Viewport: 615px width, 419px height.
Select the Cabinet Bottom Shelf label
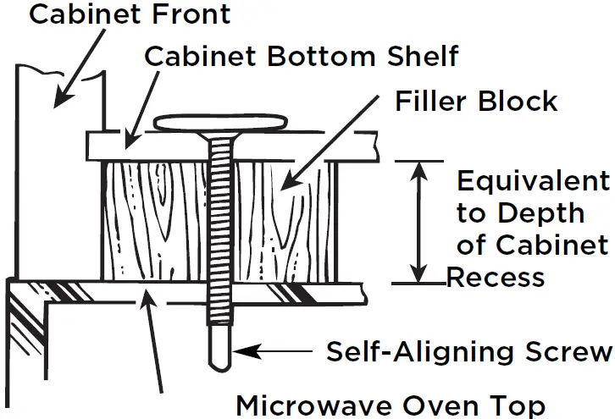point(302,57)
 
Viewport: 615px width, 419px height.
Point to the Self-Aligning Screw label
point(468,350)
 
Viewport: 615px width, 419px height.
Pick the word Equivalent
point(533,181)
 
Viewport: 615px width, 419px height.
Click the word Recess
point(496,278)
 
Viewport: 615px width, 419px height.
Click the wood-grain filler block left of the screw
point(152,220)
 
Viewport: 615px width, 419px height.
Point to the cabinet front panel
point(59,169)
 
